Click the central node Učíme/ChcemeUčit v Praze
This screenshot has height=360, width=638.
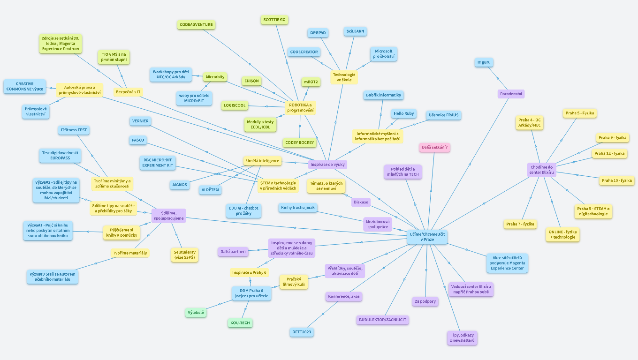click(426, 237)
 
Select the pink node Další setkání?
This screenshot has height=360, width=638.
click(434, 148)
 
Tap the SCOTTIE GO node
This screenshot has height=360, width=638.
click(274, 20)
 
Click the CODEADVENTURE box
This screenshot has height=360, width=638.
click(197, 24)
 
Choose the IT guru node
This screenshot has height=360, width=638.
click(484, 62)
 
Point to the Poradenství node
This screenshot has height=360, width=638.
click(511, 94)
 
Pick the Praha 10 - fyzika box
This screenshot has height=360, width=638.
click(616, 180)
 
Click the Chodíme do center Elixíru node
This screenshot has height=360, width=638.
click(542, 170)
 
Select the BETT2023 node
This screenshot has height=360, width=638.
click(301, 332)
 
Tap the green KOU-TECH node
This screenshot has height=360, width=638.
click(239, 323)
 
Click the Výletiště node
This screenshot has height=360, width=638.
click(196, 312)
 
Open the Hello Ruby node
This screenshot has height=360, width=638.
click(403, 113)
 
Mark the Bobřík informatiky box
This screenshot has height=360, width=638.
click(383, 95)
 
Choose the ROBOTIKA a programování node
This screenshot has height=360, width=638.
click(300, 108)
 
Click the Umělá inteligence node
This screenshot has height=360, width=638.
click(263, 161)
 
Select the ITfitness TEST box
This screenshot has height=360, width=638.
click(74, 130)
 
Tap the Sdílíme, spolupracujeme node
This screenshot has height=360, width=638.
click(168, 216)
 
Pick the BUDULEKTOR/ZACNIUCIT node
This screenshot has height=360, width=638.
click(382, 320)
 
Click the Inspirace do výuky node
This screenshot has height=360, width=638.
click(328, 165)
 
